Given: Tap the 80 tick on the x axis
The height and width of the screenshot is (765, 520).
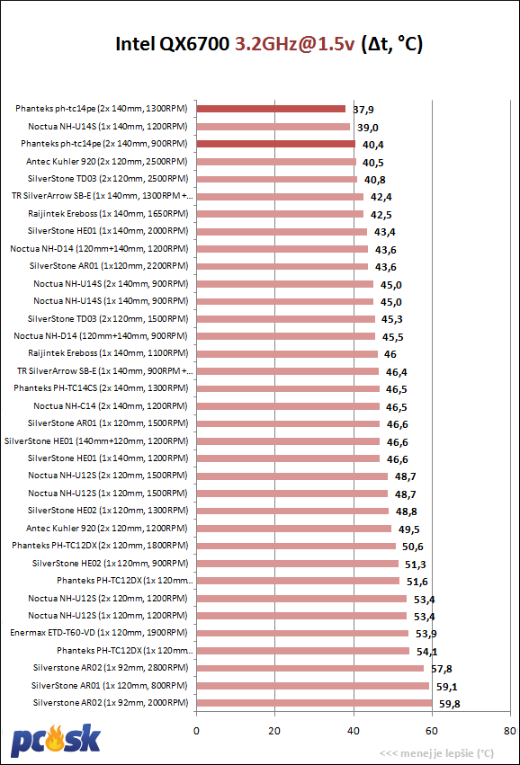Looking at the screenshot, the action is point(510,731).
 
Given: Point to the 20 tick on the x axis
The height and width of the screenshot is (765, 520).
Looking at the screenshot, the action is point(274,731).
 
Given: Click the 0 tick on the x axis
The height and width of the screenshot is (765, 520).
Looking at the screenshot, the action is point(196,731).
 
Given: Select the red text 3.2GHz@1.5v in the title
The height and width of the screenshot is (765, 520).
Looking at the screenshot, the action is point(294,44).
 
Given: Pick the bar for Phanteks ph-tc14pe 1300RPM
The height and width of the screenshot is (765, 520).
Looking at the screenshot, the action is point(271,109).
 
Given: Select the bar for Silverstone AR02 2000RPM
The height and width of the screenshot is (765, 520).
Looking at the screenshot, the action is point(315,703).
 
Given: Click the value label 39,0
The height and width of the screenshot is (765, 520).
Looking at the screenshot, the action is point(368,128).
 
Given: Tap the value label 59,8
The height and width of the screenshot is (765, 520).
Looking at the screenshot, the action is point(449,704).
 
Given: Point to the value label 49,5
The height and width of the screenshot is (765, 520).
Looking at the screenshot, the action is point(408,529).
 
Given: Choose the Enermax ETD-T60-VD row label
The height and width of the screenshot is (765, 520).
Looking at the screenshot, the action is point(99,633).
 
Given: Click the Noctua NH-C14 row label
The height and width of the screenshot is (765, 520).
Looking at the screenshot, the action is point(111,406).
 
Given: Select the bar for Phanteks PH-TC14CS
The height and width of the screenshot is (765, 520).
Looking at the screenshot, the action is point(288,389).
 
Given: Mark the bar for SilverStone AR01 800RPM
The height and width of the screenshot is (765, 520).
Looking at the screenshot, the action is point(313,686).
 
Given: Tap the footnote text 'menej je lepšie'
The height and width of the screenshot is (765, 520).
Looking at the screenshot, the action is point(436,753).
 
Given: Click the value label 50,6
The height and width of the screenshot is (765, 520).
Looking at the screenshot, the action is point(413,547).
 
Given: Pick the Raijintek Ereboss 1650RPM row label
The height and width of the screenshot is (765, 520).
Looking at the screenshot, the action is point(108,214).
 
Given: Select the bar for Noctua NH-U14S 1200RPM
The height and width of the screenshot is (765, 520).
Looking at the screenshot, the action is point(273,127).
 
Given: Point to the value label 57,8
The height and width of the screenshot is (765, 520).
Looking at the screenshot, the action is point(442,669).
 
